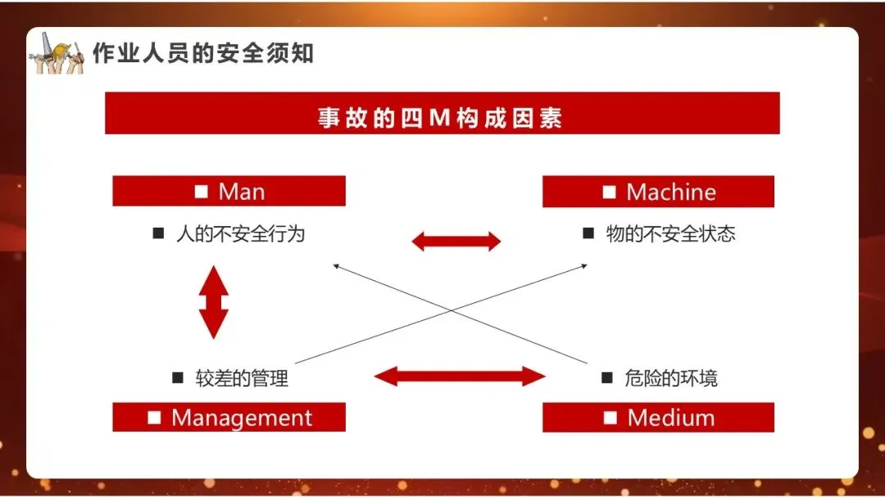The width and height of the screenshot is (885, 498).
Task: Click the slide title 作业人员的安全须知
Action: (x=202, y=54)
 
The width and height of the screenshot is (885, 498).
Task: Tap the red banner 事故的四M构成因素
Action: (x=442, y=114)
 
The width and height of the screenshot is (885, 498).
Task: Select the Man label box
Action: (x=229, y=192)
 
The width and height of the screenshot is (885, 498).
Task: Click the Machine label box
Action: (x=658, y=192)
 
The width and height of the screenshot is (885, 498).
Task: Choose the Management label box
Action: (x=229, y=418)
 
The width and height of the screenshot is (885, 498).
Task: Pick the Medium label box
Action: (x=658, y=418)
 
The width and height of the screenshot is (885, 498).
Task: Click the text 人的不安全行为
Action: (x=240, y=233)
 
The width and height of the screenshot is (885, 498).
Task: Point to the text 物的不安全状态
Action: (x=670, y=233)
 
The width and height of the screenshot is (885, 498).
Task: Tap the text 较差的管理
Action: (x=242, y=378)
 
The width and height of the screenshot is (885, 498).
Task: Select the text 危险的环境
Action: (x=670, y=378)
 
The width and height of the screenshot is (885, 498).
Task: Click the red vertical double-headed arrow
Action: (x=214, y=302)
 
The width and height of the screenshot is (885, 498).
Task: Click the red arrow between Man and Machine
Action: (x=456, y=241)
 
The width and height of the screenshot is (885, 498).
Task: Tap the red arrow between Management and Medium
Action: (x=459, y=377)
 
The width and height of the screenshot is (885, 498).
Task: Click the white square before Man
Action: (x=202, y=192)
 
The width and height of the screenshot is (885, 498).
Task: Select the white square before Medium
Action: (x=610, y=418)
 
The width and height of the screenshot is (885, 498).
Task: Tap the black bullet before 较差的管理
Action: (x=178, y=378)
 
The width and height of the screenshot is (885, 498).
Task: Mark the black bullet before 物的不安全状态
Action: (x=588, y=233)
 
